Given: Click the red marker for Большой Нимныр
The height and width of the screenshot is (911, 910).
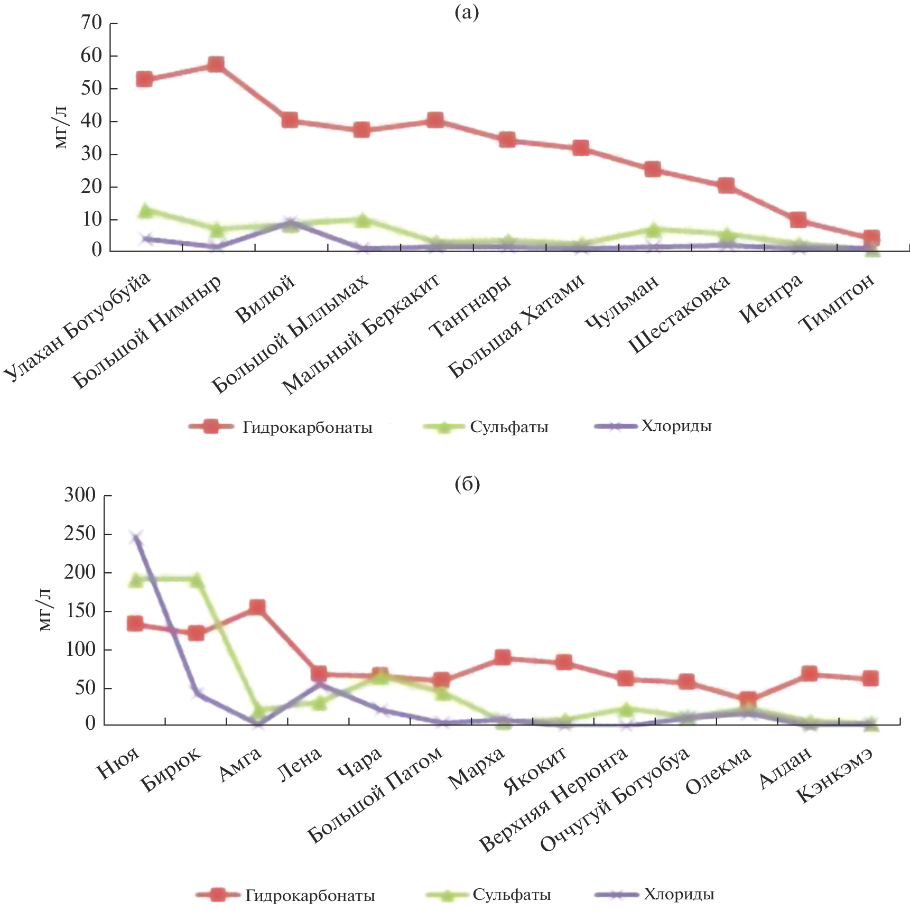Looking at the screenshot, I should coord(216,64).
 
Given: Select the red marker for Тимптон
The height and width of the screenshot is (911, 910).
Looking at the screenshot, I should coord(871,237).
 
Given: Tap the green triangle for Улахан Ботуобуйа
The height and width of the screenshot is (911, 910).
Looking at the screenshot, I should coord(144,211).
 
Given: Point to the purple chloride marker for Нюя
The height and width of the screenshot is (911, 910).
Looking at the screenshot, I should coord(136,538).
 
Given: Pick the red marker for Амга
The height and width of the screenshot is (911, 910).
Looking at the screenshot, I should coord(257,607).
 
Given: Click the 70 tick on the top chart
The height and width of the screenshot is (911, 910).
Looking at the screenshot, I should coord(91,23).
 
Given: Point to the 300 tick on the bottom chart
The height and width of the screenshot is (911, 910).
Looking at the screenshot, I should coord(80,496).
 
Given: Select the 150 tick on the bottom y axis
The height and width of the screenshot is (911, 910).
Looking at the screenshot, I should coord(80,611).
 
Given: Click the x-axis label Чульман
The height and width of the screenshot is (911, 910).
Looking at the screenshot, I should coord(623,302).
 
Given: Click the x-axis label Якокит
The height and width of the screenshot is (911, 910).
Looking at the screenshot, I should coord(535,771).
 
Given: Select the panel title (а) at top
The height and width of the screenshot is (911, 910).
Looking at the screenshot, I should coord(467,12).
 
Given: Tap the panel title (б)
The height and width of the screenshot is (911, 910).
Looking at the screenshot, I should coord(467,484).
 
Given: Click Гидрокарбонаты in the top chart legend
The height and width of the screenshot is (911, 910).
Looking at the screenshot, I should coord(308,427).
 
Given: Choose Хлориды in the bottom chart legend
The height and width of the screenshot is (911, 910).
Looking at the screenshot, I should coord(679,895).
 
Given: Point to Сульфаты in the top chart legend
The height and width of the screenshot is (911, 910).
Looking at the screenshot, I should coord(509,427).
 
